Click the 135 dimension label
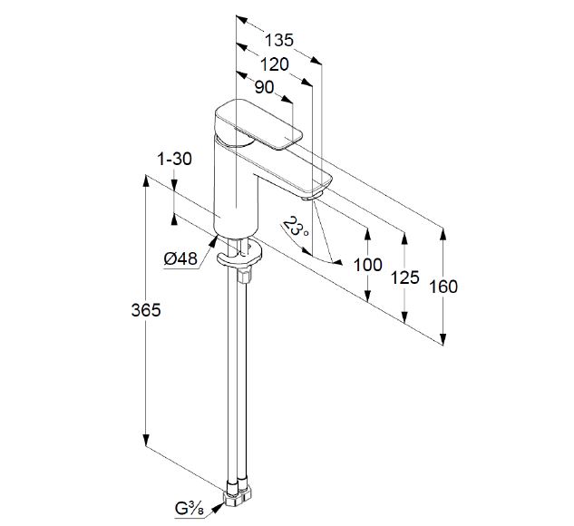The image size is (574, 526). click(279, 40)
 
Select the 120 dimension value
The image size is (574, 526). click(274, 64)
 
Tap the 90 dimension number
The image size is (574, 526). click(264, 87)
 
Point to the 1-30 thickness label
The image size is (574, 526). click(174, 160)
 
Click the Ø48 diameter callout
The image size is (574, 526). click(180, 258)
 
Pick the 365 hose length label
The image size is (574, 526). click(146, 310)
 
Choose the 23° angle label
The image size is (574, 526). click(296, 226)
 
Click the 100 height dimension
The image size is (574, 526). click(368, 265)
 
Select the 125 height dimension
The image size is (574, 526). click(404, 278)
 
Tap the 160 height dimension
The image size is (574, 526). click(443, 287)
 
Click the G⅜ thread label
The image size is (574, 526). click(189, 509)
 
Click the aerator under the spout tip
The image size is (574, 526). click(312, 196)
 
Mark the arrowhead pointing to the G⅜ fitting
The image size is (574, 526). click(219, 506)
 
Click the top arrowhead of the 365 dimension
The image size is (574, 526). click(146, 180)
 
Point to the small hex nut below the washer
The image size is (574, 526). click(245, 275)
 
